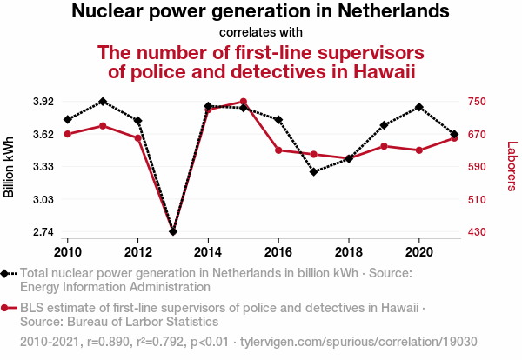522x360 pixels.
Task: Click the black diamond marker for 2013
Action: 173,231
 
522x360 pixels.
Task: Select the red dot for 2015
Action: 244,102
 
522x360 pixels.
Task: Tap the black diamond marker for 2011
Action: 103,102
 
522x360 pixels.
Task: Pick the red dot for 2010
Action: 68,134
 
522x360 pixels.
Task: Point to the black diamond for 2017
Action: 313,172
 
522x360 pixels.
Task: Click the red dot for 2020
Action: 419,150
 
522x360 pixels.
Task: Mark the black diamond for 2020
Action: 419,107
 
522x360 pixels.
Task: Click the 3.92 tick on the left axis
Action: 41,102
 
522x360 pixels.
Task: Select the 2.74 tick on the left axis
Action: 41,232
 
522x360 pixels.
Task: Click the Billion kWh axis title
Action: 10,167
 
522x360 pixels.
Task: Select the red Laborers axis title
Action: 512,167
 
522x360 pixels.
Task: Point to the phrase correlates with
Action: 260,33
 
